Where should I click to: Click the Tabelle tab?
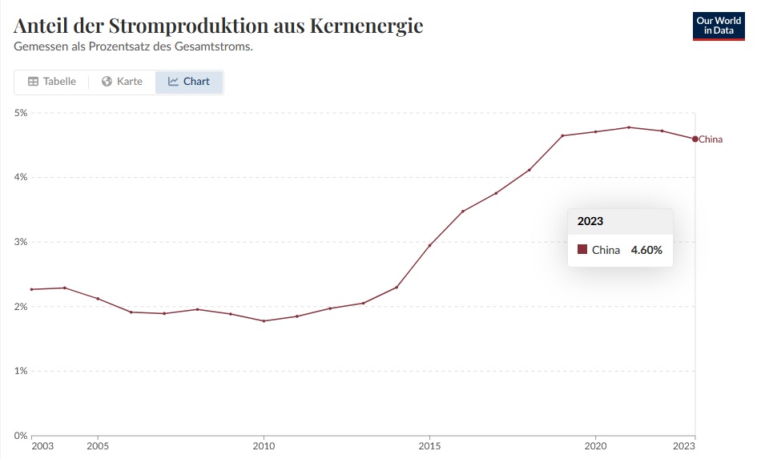[x=52, y=82]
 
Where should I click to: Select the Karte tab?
[x=122, y=82]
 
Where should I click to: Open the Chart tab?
[x=189, y=82]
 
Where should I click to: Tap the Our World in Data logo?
[x=719, y=25]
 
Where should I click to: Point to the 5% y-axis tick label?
[x=21, y=113]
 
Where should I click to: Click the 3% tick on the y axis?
[x=21, y=242]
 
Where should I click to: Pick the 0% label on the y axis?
[x=21, y=436]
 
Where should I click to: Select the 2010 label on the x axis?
[x=264, y=445]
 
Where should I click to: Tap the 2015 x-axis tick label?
[x=429, y=445]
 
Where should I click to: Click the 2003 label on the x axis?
[x=42, y=445]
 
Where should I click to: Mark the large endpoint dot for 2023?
[x=695, y=139]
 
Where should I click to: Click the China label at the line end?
[x=711, y=139]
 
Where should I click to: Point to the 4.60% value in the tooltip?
[x=646, y=250]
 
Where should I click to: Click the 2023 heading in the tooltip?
[x=590, y=221]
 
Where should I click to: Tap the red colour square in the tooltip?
[x=582, y=250]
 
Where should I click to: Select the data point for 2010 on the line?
[x=264, y=321]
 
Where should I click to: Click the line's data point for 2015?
[x=429, y=245]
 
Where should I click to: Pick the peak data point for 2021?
[x=628, y=127]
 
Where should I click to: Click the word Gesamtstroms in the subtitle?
[x=218, y=46]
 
